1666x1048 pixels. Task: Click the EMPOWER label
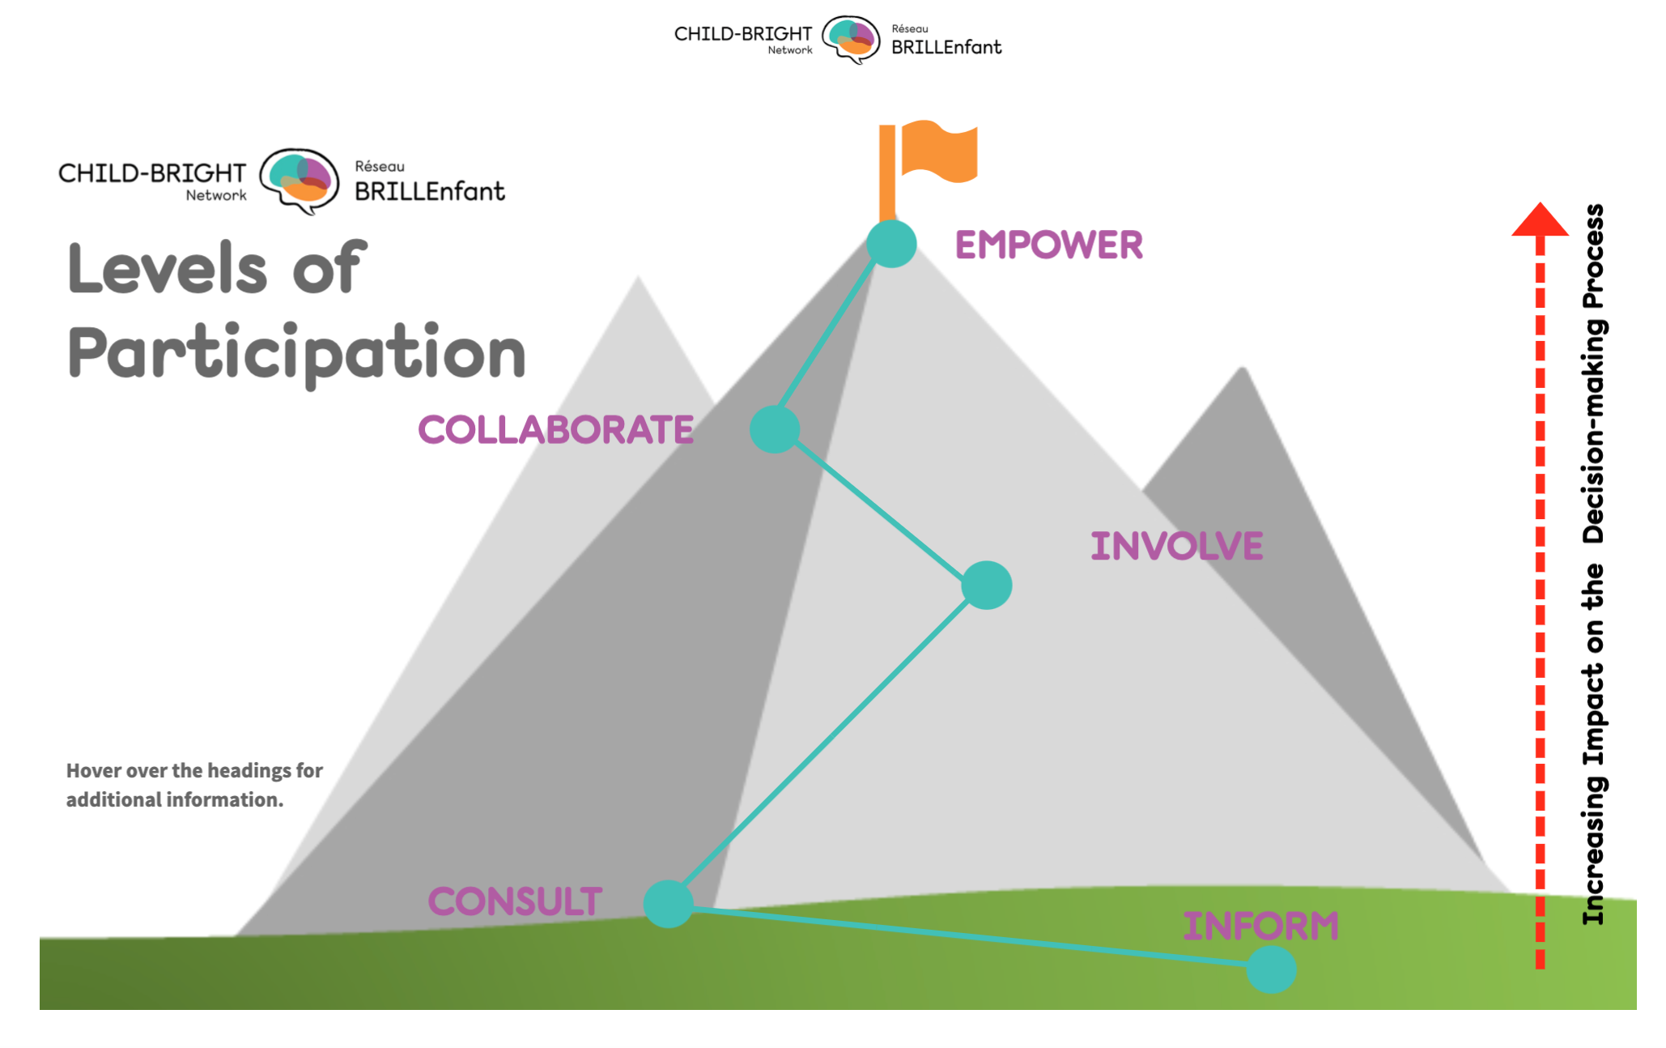click(1048, 245)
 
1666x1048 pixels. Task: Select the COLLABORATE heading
click(555, 429)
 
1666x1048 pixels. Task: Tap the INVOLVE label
click(1176, 546)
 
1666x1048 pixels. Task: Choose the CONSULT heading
click(515, 901)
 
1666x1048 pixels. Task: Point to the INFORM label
click(1260, 926)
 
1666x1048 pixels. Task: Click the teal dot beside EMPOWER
click(891, 244)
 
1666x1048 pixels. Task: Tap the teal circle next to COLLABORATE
click(775, 429)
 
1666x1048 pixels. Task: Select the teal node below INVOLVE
click(987, 585)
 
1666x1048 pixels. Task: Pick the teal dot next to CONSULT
click(668, 903)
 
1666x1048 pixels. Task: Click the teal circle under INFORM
click(1271, 969)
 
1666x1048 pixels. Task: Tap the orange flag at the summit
click(939, 151)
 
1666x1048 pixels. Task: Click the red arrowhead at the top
click(1540, 220)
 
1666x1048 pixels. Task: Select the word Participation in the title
click(297, 353)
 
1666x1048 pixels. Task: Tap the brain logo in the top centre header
click(851, 39)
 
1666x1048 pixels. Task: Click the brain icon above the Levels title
click(300, 180)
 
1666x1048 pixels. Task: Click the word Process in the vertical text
click(1593, 256)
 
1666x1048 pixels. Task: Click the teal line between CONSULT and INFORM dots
click(971, 937)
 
